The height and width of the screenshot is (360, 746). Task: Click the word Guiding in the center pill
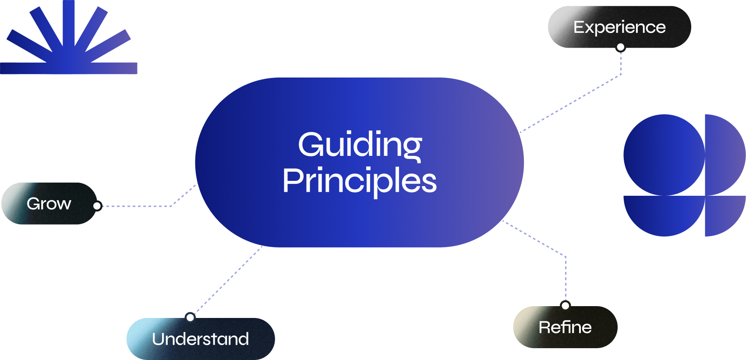(x=360, y=145)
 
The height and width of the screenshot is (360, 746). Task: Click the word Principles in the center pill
(x=360, y=180)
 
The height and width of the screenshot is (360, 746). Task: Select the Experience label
(x=619, y=27)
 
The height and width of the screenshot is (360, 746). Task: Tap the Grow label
(x=49, y=204)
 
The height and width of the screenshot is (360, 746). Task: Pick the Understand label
(x=200, y=339)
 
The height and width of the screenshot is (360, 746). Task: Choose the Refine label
(x=565, y=327)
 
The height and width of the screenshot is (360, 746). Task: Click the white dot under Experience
(x=620, y=47)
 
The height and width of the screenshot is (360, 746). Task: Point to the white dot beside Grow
(x=97, y=206)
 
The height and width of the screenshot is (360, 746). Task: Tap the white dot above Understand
(x=190, y=317)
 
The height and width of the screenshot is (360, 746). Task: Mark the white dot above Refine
(x=566, y=306)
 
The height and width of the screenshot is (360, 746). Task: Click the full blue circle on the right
(x=664, y=155)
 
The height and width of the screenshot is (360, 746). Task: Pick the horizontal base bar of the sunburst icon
(x=69, y=68)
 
